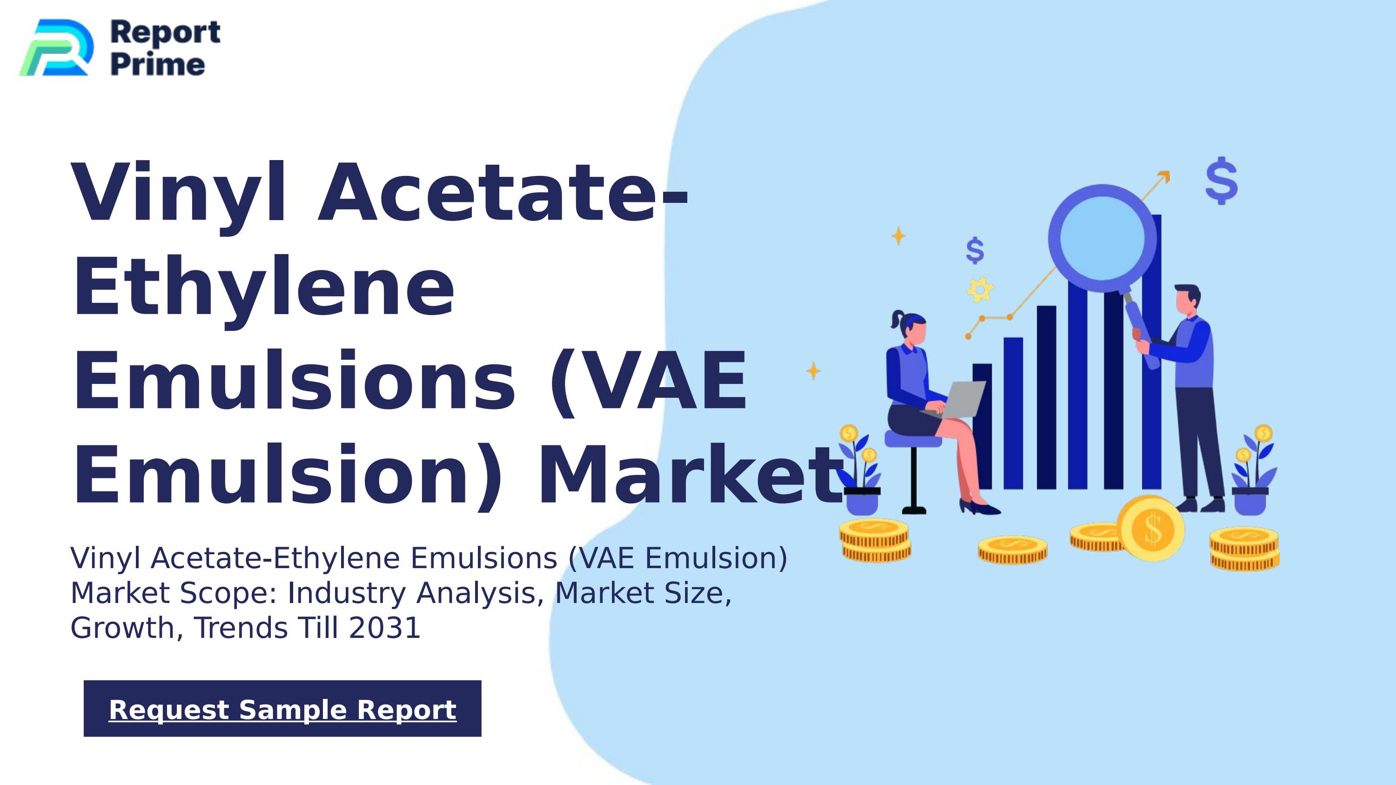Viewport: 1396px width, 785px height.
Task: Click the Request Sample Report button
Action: click(282, 709)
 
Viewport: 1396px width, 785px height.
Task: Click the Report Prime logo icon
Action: click(56, 47)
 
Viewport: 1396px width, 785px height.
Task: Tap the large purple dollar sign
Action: click(1221, 181)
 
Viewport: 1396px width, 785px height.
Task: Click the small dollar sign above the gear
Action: click(975, 250)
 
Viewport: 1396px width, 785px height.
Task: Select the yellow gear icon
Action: click(980, 289)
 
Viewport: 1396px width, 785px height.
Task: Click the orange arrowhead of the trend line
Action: click(1164, 176)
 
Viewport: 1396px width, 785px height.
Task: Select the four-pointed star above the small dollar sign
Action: click(899, 235)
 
